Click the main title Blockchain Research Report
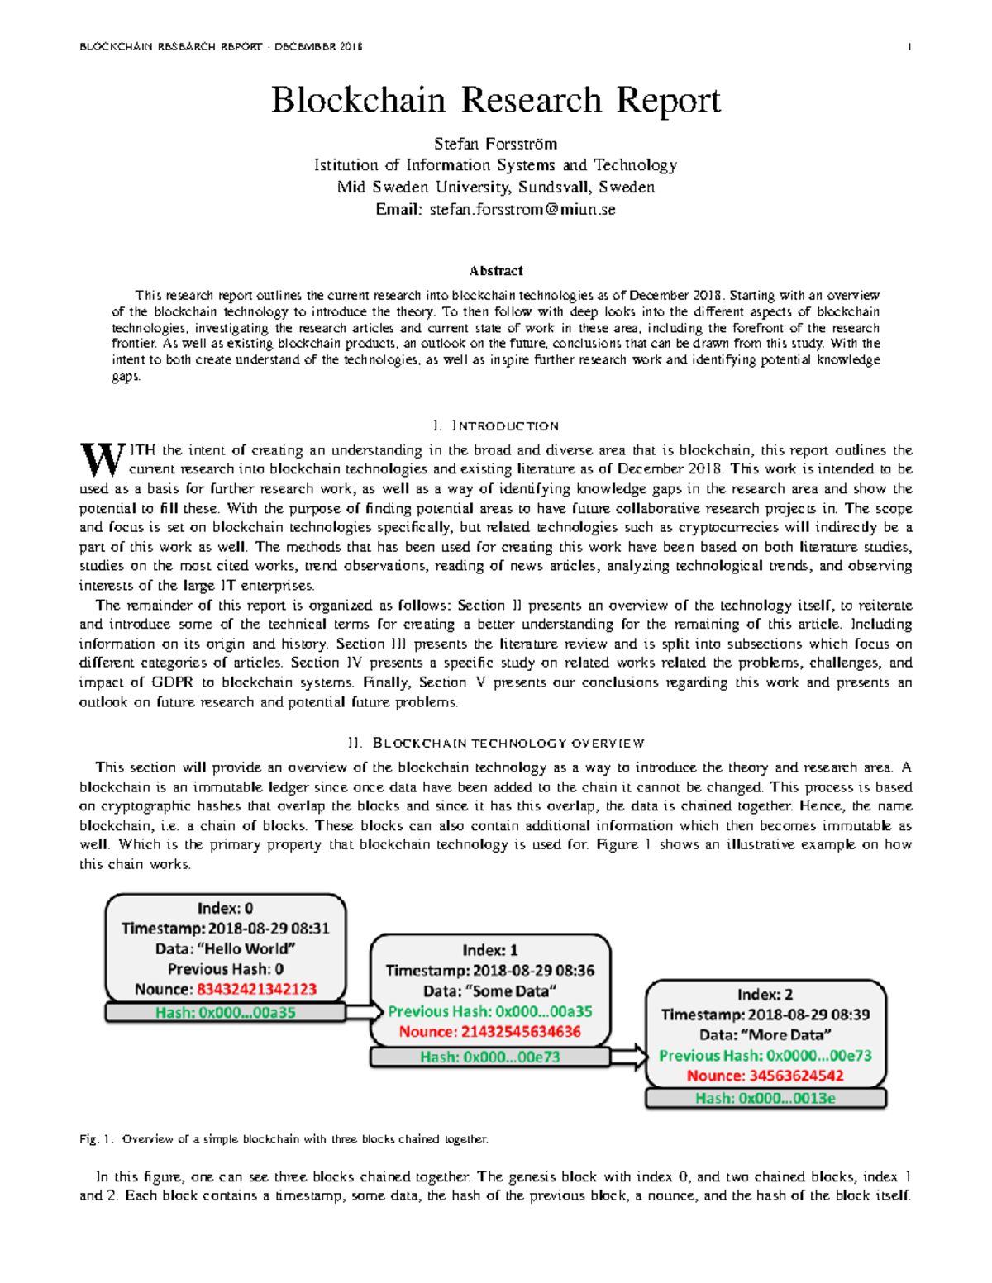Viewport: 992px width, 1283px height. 496,101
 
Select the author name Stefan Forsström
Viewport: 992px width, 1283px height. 496,144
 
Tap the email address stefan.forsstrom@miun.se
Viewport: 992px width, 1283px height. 522,210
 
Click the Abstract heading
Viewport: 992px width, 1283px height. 496,271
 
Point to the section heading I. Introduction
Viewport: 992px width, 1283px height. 496,426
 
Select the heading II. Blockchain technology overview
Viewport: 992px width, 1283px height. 496,744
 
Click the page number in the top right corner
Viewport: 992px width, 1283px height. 909,47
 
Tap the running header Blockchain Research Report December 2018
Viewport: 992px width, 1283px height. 221,47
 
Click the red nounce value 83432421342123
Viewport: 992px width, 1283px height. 256,990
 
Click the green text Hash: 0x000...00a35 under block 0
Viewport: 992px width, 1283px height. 225,1013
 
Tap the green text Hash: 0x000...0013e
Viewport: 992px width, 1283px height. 765,1099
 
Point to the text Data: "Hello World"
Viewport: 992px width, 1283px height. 225,949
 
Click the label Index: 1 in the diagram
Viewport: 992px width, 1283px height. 490,950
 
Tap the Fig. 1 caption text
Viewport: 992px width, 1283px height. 284,1139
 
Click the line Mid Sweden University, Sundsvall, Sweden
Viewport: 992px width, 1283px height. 496,188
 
